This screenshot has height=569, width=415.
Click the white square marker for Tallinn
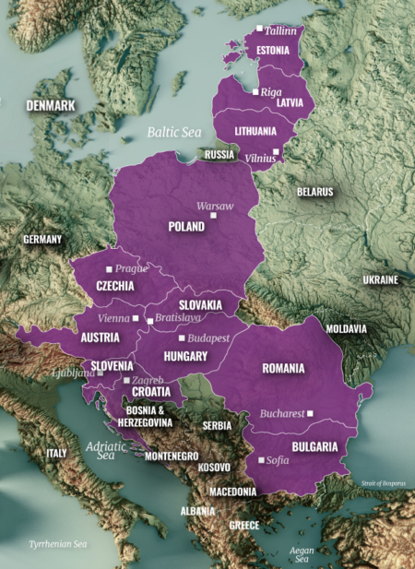(x=259, y=30)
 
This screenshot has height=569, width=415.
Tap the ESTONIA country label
(x=275, y=49)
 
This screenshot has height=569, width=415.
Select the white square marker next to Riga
(x=255, y=92)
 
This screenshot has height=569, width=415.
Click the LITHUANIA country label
(x=255, y=131)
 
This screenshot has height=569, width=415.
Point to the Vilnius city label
(x=260, y=158)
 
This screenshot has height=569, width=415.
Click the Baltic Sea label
(x=173, y=133)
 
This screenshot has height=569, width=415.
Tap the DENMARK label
(x=50, y=105)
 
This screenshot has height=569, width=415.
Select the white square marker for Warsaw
(x=213, y=215)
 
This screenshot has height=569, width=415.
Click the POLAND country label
(x=187, y=226)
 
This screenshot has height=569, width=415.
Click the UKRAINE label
(x=380, y=279)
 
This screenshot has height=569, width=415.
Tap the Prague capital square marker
(x=109, y=269)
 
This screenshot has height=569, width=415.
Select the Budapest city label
(x=210, y=338)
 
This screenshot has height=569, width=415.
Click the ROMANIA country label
(x=283, y=368)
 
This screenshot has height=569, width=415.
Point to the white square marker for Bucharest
(x=311, y=413)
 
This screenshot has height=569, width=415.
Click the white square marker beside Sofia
(x=262, y=459)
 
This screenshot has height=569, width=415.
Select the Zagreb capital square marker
(x=126, y=380)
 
